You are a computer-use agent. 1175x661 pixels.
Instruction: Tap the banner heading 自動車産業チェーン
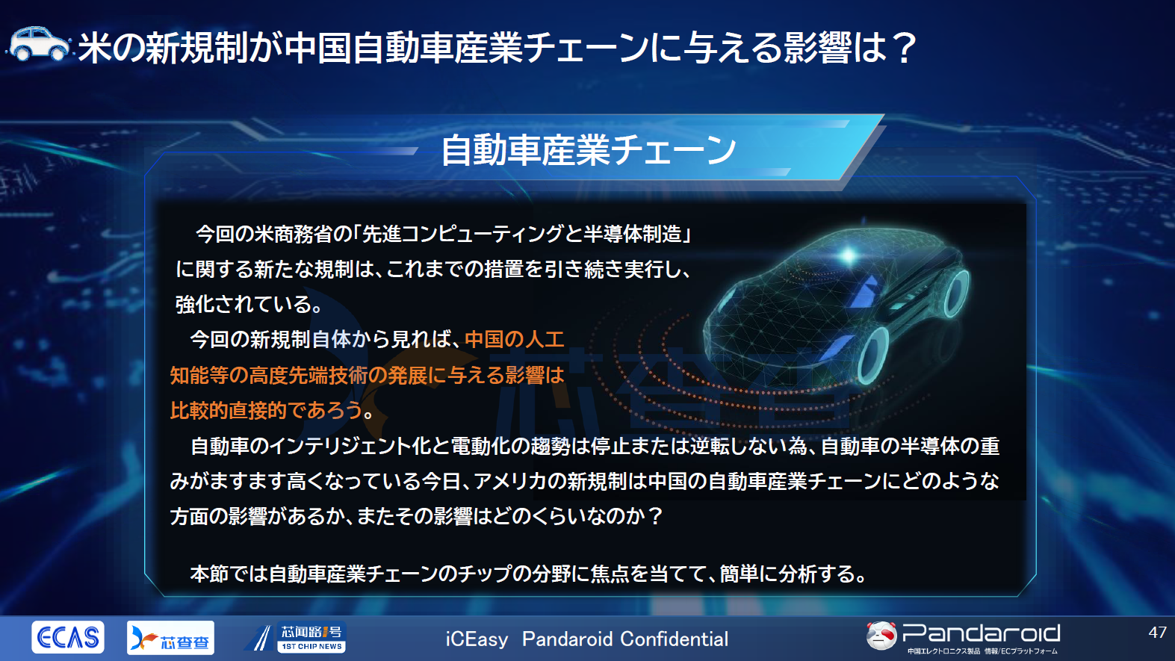click(589, 150)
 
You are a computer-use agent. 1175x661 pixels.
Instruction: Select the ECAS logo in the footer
click(68, 637)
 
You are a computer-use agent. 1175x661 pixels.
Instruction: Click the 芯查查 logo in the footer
click(170, 638)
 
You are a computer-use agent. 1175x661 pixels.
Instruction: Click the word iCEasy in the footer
click(477, 639)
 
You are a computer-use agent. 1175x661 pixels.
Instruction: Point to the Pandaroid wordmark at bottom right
click(981, 633)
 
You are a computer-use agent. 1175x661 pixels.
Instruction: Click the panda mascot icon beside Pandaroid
click(881, 636)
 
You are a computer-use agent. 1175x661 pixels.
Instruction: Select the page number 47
click(1157, 633)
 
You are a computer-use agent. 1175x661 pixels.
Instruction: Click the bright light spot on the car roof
click(849, 256)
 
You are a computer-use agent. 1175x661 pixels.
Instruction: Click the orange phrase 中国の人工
click(514, 340)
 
